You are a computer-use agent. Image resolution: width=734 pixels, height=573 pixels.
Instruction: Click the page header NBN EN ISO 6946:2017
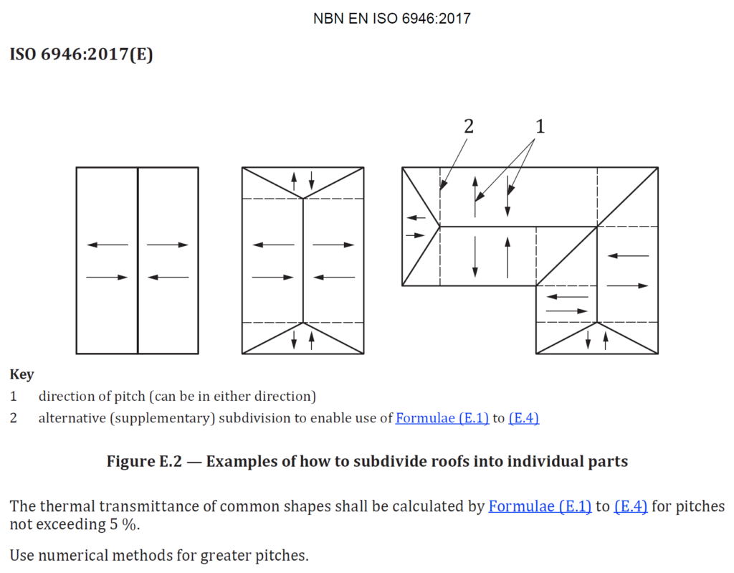click(391, 19)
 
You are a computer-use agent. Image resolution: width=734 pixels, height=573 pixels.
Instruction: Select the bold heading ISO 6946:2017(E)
click(81, 55)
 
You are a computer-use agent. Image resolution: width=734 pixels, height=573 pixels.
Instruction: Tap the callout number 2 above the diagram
click(468, 126)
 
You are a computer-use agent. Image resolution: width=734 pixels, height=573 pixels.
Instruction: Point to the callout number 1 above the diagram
click(540, 126)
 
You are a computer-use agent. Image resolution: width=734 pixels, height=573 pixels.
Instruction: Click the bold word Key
click(22, 374)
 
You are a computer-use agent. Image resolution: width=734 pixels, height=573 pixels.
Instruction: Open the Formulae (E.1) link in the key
click(442, 418)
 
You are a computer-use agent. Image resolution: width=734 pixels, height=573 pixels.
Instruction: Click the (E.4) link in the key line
click(523, 418)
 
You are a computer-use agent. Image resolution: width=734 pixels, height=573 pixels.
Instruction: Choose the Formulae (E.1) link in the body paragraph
click(540, 506)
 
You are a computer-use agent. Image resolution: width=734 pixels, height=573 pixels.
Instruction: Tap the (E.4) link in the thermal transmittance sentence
click(631, 506)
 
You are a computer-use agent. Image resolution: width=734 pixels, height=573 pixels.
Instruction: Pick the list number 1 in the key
click(13, 396)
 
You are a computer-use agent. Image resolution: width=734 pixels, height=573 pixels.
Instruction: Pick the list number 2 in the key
click(13, 418)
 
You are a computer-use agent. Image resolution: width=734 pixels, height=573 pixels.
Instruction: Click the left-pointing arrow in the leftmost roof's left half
click(108, 245)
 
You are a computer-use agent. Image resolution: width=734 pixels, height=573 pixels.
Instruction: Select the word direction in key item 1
click(66, 396)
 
